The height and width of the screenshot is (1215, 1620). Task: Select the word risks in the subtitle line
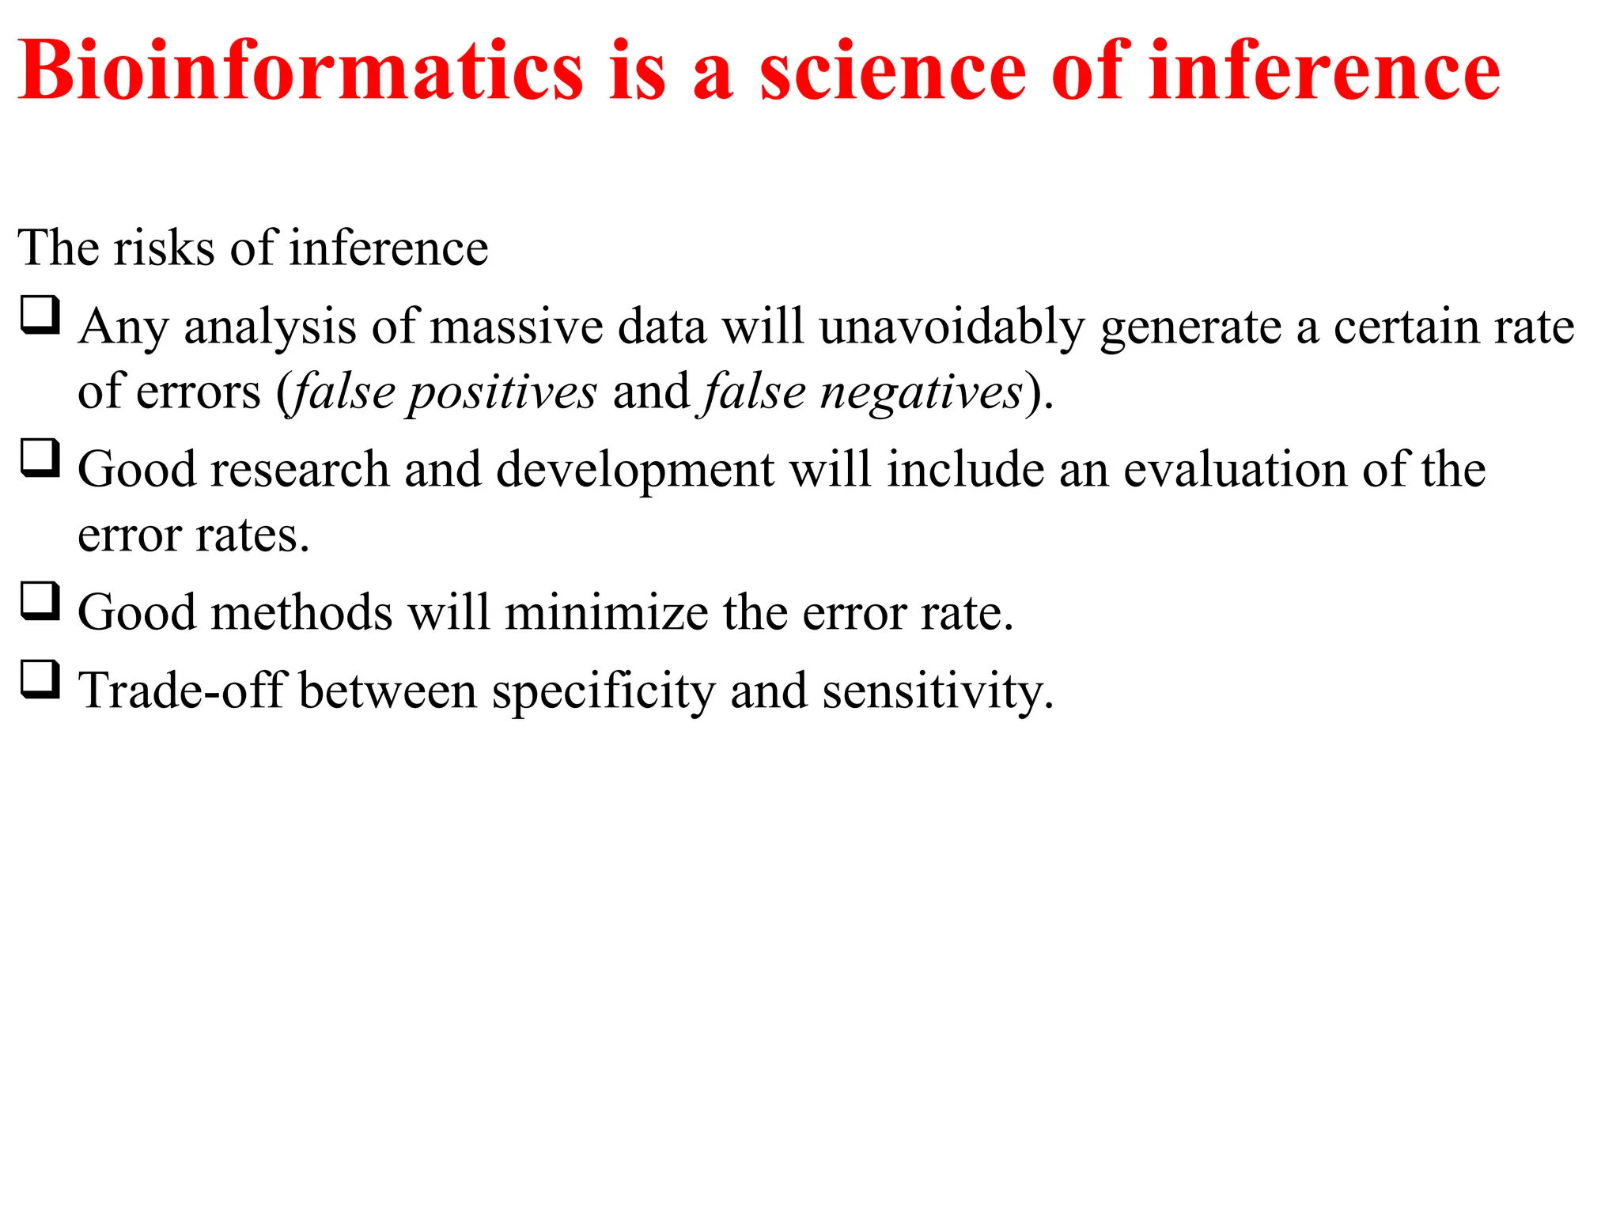click(164, 248)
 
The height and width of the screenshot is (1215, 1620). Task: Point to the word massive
click(517, 327)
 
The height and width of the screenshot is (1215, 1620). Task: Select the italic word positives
click(502, 392)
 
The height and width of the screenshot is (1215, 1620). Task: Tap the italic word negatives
click(921, 392)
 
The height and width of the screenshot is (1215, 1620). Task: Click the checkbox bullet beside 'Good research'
click(40, 458)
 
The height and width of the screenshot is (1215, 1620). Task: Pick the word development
click(635, 470)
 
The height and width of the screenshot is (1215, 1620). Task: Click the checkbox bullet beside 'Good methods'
click(40, 601)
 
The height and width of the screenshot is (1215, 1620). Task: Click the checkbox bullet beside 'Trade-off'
click(40, 679)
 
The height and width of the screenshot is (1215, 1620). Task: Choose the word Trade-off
click(181, 691)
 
